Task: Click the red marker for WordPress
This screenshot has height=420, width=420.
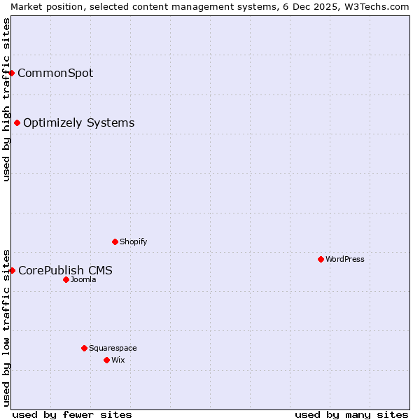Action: point(321,259)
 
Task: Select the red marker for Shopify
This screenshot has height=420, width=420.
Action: point(115,241)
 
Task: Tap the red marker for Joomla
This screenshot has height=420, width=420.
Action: point(66,279)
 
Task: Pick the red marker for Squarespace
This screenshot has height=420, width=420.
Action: point(84,348)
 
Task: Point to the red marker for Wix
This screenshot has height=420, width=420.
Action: point(106,360)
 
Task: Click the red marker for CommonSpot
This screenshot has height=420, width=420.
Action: point(12,73)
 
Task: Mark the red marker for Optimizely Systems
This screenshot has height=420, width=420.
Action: point(17,123)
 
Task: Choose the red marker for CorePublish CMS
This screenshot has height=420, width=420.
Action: point(12,270)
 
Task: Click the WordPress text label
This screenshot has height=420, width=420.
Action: point(345,259)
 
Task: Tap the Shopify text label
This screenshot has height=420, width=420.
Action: point(134,241)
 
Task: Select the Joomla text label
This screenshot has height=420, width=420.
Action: point(83,279)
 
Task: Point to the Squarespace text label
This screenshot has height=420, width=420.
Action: point(113,348)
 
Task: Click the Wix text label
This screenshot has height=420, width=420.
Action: point(118,360)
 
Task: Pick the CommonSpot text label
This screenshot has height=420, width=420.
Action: point(55,73)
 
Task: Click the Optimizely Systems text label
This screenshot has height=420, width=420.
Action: point(79,123)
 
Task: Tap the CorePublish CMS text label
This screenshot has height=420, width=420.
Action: point(65,270)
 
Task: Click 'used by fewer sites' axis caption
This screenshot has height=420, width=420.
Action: point(72,414)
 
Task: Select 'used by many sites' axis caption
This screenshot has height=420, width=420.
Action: point(351,414)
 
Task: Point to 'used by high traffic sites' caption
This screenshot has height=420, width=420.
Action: point(6,99)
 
